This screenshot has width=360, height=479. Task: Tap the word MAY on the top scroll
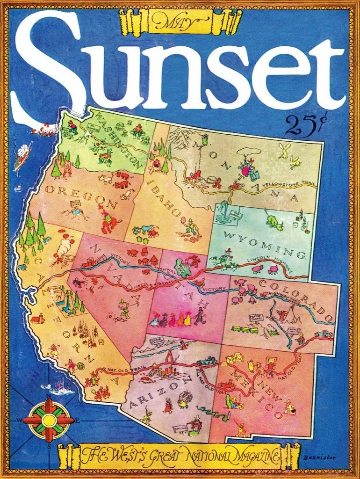180,21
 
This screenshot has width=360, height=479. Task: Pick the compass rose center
49,420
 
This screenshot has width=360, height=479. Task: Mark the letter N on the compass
49,396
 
